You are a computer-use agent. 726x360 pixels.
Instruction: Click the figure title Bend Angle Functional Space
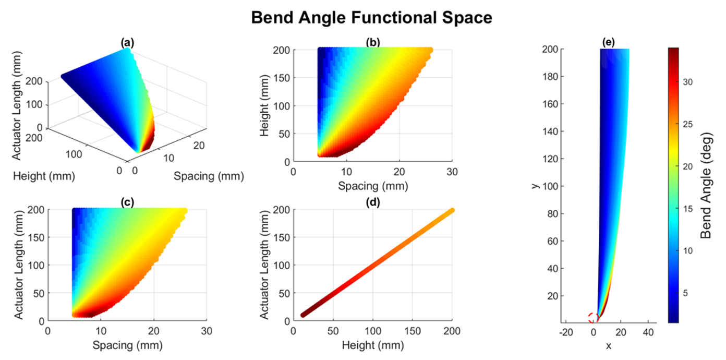point(371,18)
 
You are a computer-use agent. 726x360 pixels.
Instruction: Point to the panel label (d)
point(373,204)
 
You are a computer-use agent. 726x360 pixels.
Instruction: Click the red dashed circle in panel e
point(594,318)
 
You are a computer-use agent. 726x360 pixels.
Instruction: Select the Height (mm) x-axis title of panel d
point(372,345)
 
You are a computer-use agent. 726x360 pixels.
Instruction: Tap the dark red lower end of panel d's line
point(303,315)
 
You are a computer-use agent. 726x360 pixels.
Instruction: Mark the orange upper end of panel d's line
point(451,210)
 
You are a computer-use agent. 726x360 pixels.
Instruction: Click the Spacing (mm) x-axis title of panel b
point(372,186)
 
